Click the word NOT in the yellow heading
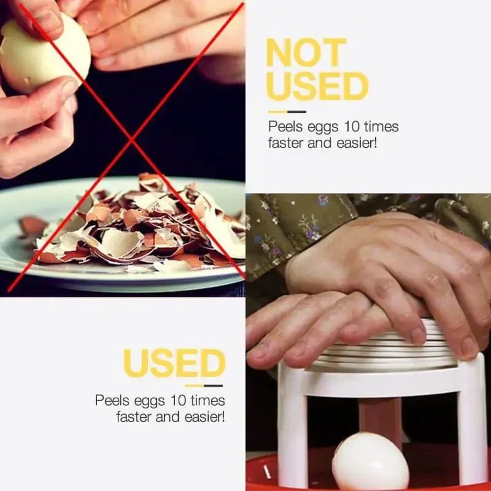click(x=306, y=53)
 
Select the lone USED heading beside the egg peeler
click(x=174, y=364)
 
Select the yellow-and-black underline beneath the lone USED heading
click(x=203, y=385)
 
